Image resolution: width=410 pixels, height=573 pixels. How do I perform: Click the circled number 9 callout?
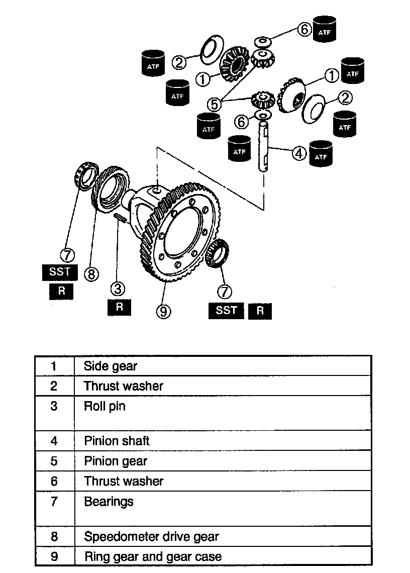pyautogui.click(x=163, y=312)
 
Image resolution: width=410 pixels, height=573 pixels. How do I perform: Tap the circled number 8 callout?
pyautogui.click(x=91, y=274)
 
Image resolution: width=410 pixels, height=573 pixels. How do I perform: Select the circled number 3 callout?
pyautogui.click(x=119, y=289)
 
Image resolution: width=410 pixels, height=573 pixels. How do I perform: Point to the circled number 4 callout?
pyautogui.click(x=299, y=153)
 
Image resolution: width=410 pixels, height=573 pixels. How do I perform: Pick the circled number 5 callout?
pyautogui.click(x=215, y=104)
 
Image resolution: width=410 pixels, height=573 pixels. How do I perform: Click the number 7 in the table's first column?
pyautogui.click(x=54, y=502)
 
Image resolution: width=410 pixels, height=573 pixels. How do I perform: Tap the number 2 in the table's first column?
pyautogui.click(x=54, y=386)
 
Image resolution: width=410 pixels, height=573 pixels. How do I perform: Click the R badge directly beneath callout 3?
pyautogui.click(x=119, y=307)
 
